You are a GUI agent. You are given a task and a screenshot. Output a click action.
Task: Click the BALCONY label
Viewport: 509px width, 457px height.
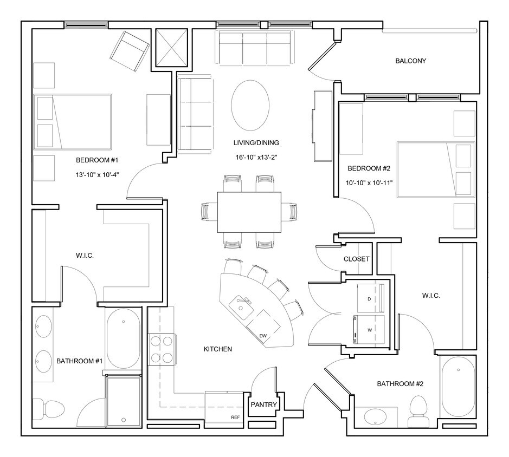click(x=410, y=61)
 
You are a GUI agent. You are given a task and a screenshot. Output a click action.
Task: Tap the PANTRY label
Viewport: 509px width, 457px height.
click(x=264, y=404)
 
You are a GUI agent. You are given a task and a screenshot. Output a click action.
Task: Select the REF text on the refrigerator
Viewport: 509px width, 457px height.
click(x=235, y=417)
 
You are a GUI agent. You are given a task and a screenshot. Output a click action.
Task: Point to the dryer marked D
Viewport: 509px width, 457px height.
click(x=370, y=298)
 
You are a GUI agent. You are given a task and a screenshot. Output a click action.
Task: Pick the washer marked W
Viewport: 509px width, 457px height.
click(x=370, y=329)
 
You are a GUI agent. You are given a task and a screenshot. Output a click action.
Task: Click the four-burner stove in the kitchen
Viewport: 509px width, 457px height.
click(x=163, y=349)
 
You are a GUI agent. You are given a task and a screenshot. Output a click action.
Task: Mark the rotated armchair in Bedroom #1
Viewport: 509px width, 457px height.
click(x=130, y=51)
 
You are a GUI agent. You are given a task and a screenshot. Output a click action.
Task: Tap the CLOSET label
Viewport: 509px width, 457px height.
click(x=357, y=259)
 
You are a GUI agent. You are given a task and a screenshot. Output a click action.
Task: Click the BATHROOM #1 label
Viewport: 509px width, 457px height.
click(x=75, y=361)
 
